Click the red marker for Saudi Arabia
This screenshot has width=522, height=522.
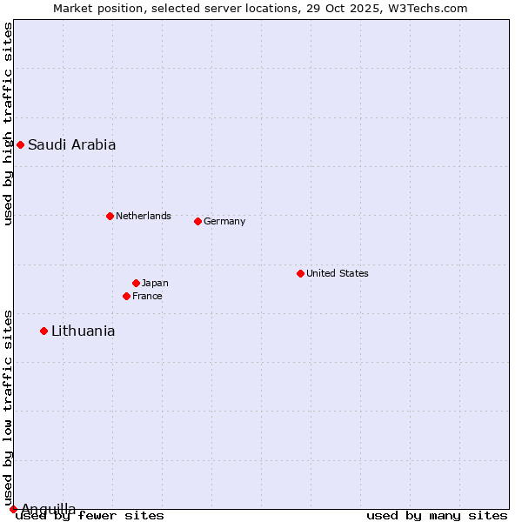[x=20, y=144]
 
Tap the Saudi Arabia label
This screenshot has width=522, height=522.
[x=71, y=145]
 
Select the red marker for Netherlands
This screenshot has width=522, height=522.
[x=110, y=216]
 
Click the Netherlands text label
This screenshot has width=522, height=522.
[x=143, y=216]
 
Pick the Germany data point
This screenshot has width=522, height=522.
[x=197, y=221]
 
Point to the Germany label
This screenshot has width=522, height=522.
[x=224, y=221]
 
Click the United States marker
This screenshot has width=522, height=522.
[x=300, y=273]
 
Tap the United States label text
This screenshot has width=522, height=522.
[x=337, y=273]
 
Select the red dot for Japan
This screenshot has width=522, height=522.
[x=136, y=283]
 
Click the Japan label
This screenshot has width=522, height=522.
[x=155, y=283]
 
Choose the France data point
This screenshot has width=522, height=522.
[x=126, y=296]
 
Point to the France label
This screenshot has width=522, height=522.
[x=147, y=296]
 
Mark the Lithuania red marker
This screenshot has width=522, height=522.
[x=43, y=331]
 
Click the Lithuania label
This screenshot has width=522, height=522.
[x=83, y=331]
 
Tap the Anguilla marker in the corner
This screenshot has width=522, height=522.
[x=13, y=509]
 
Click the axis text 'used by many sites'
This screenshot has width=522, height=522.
[x=437, y=516]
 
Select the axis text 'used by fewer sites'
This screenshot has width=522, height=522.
[x=90, y=516]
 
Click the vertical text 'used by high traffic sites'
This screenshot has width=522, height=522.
[x=8, y=124]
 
